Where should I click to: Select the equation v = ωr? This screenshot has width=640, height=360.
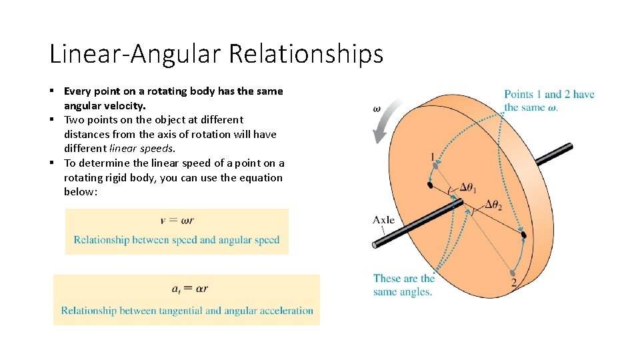point(177,220)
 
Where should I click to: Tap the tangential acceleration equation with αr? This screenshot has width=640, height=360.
point(189,289)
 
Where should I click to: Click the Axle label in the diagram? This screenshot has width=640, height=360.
point(383,219)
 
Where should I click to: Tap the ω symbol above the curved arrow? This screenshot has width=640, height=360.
point(377,108)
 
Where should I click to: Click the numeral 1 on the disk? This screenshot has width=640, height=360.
point(433,157)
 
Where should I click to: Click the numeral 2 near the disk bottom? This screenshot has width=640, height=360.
point(513,283)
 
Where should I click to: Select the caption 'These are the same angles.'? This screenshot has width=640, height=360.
point(403,285)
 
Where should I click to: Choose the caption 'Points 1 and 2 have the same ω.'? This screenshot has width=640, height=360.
point(549,101)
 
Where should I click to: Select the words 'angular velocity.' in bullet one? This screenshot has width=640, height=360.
point(105,105)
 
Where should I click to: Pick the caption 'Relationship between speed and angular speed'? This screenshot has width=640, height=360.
point(177,240)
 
